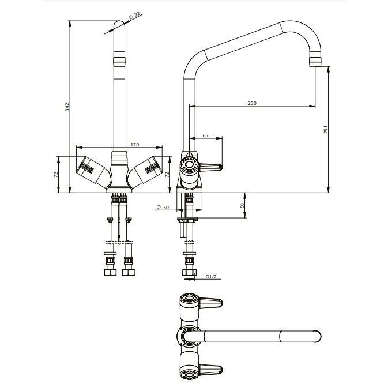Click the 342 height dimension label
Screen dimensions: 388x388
click(x=67, y=107)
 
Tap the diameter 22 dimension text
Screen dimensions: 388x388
click(x=134, y=16)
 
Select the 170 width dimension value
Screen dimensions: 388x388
click(x=134, y=145)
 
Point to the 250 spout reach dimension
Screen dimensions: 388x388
click(x=252, y=103)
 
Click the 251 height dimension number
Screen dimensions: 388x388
click(x=326, y=129)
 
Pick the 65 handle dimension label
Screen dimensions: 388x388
click(x=205, y=135)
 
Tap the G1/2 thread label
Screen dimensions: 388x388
click(x=211, y=276)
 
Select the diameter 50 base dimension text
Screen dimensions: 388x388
click(x=163, y=207)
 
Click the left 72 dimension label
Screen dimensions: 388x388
click(x=56, y=174)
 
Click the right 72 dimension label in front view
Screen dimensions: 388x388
click(x=167, y=175)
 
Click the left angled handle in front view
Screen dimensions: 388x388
click(x=93, y=172)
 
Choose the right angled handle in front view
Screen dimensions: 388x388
click(x=146, y=171)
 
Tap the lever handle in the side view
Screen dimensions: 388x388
click(x=210, y=167)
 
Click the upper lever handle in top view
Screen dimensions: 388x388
click(x=210, y=303)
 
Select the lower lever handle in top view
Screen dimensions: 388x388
click(x=210, y=369)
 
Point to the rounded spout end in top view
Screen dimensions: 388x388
click(x=318, y=337)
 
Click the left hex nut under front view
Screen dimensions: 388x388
click(x=110, y=273)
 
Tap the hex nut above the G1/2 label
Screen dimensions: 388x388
click(x=190, y=273)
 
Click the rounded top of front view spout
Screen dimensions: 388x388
click(x=119, y=23)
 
